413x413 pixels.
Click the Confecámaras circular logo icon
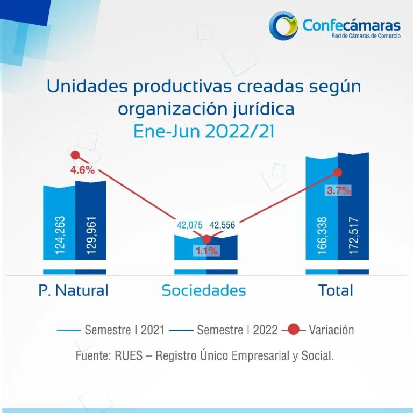pyautogui.click(x=283, y=26)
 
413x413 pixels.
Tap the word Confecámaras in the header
pyautogui.click(x=351, y=25)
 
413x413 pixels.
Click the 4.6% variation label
pyautogui.click(x=82, y=170)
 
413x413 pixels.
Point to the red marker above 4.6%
pyautogui.click(x=75, y=155)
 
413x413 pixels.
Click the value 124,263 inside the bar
pyautogui.click(x=59, y=236)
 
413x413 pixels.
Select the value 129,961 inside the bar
pyautogui.click(x=91, y=236)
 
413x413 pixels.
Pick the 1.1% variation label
pyautogui.click(x=206, y=250)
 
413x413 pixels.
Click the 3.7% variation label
pyautogui.click(x=339, y=190)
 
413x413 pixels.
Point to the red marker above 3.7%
pyautogui.click(x=338, y=172)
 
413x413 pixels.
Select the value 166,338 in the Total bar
pyautogui.click(x=322, y=236)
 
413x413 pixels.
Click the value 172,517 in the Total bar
pyautogui.click(x=353, y=236)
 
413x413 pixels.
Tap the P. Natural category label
pyautogui.click(x=74, y=290)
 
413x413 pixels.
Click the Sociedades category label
pyautogui.click(x=204, y=290)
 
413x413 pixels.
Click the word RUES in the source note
pyautogui.click(x=126, y=356)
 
